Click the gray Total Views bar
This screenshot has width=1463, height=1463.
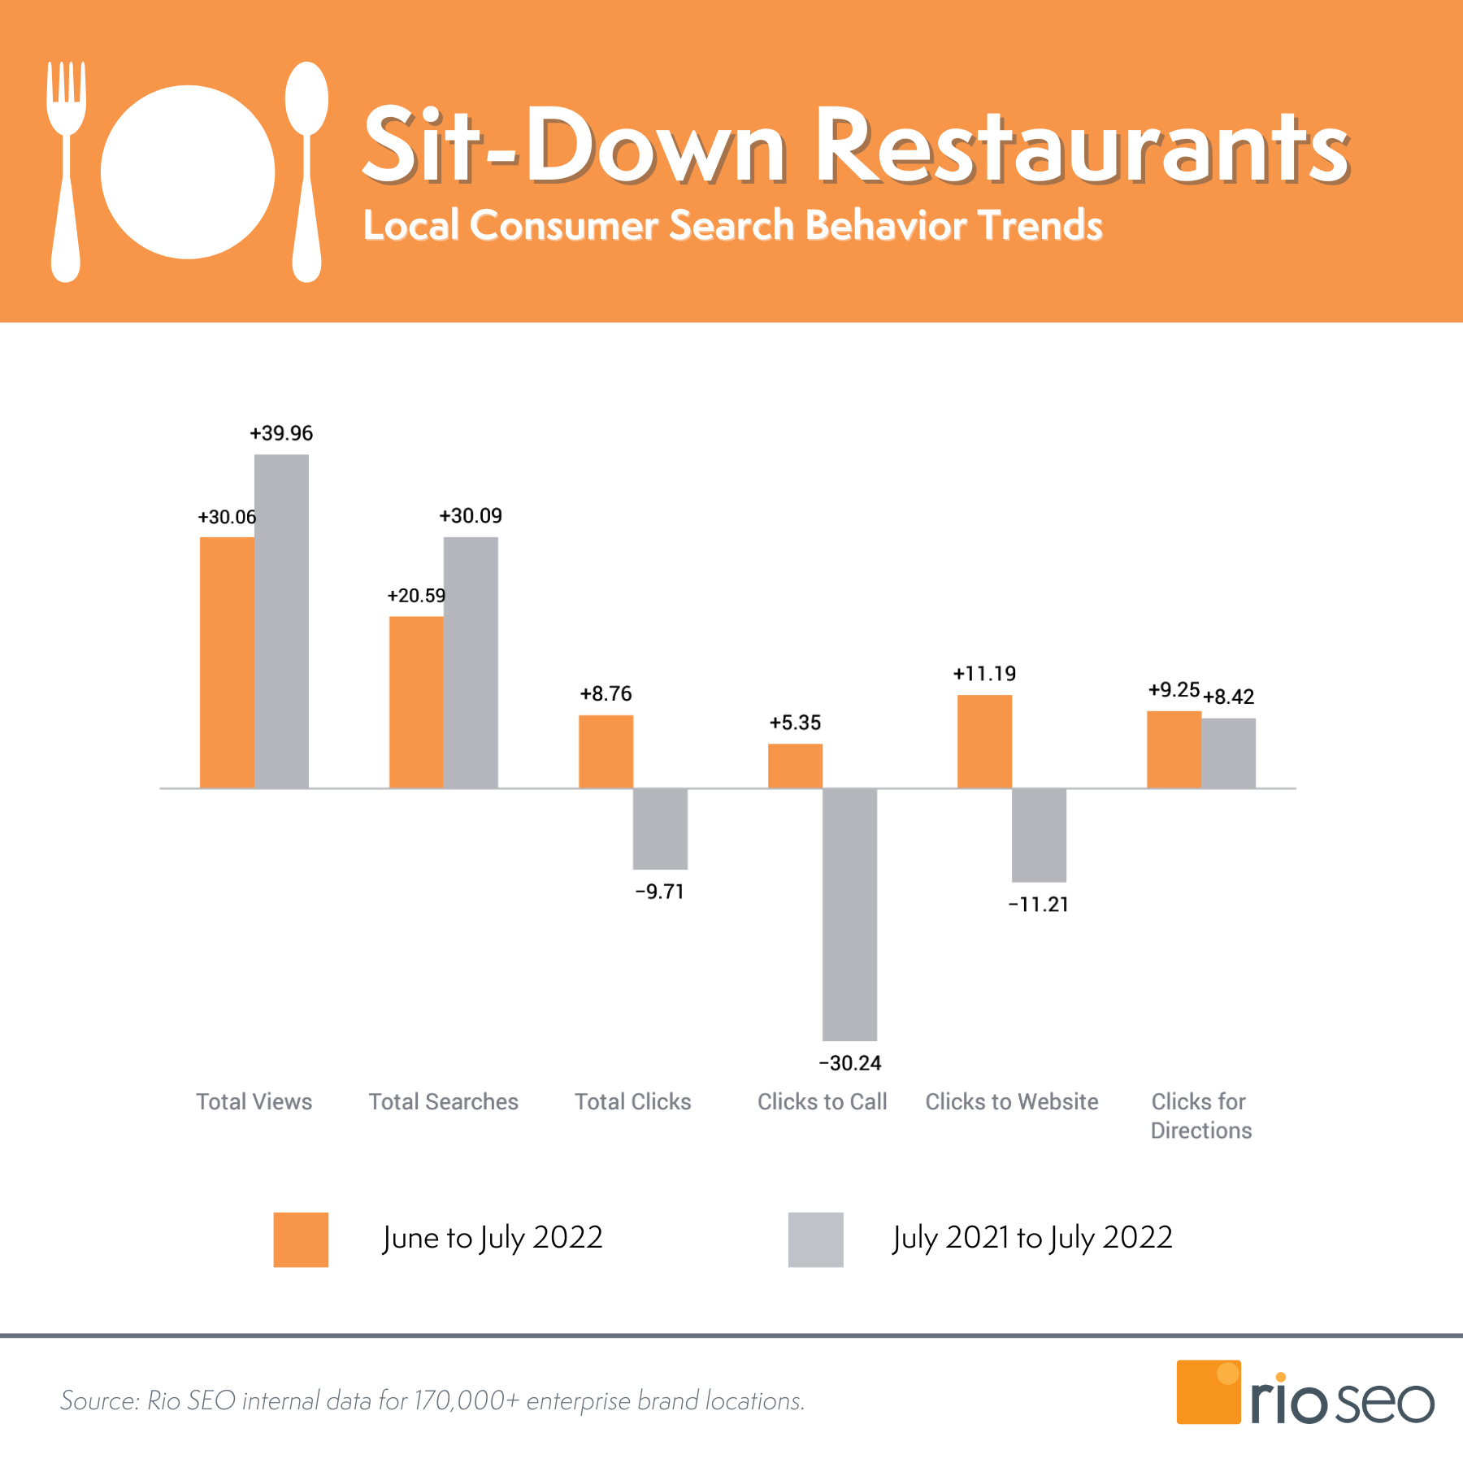(x=281, y=621)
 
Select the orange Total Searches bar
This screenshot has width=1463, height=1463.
(x=416, y=702)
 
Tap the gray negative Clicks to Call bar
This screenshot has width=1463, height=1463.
(x=849, y=914)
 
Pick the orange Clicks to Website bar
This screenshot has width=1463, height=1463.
(x=984, y=741)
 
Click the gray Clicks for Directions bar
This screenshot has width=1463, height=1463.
(x=1228, y=753)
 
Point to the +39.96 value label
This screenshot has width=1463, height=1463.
(x=281, y=433)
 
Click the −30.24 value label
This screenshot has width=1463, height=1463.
(x=850, y=1063)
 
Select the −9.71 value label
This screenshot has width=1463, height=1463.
(x=659, y=892)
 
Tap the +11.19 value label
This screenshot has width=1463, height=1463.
(x=984, y=674)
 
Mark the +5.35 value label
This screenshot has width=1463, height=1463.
(x=795, y=723)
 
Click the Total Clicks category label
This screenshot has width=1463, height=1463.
(x=633, y=1101)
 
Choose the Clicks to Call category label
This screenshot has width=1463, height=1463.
(x=822, y=1101)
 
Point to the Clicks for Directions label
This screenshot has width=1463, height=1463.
(x=1200, y=1116)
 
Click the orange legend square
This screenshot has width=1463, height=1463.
(x=301, y=1239)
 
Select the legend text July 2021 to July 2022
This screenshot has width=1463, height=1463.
(x=1032, y=1238)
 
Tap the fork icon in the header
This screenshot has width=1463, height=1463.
(x=66, y=171)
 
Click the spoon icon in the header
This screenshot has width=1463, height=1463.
(x=306, y=171)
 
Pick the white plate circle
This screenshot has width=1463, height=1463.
(x=188, y=172)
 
